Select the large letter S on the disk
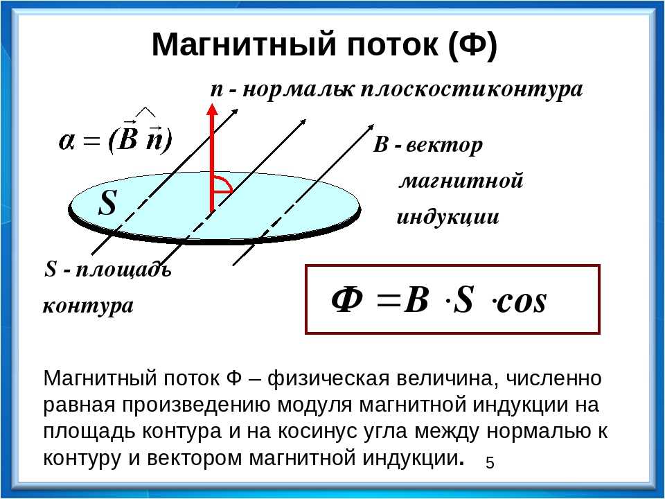click(x=108, y=203)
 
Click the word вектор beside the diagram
click(x=444, y=146)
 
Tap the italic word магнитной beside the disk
click(x=462, y=181)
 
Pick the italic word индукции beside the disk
click(x=448, y=217)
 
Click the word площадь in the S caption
click(x=123, y=270)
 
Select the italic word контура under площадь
click(x=88, y=306)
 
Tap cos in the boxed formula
click(x=521, y=302)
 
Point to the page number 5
click(x=490, y=462)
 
